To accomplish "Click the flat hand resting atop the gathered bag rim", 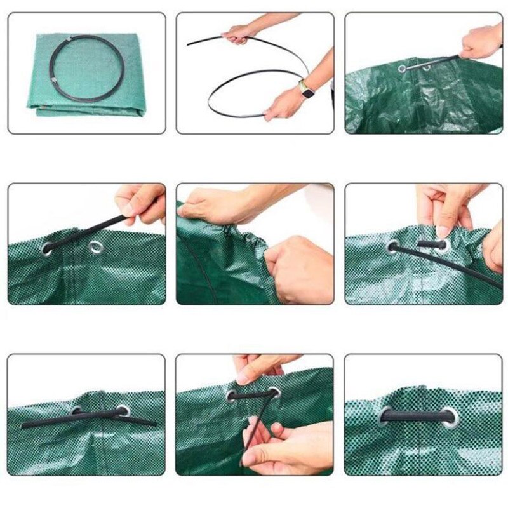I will [216, 206].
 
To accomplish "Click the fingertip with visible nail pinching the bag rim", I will [442, 229].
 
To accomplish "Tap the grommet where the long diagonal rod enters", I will [394, 246].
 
